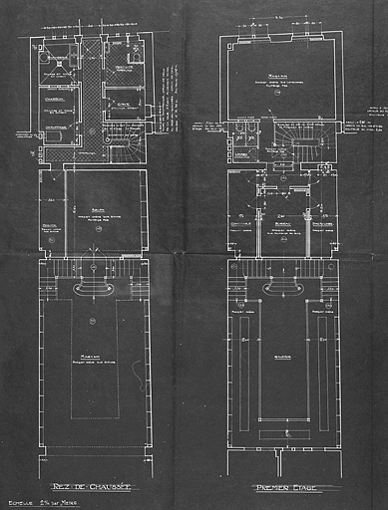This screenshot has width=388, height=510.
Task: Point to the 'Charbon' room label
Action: tap(54, 98)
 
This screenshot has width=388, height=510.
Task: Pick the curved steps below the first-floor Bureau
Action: tap(280, 288)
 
